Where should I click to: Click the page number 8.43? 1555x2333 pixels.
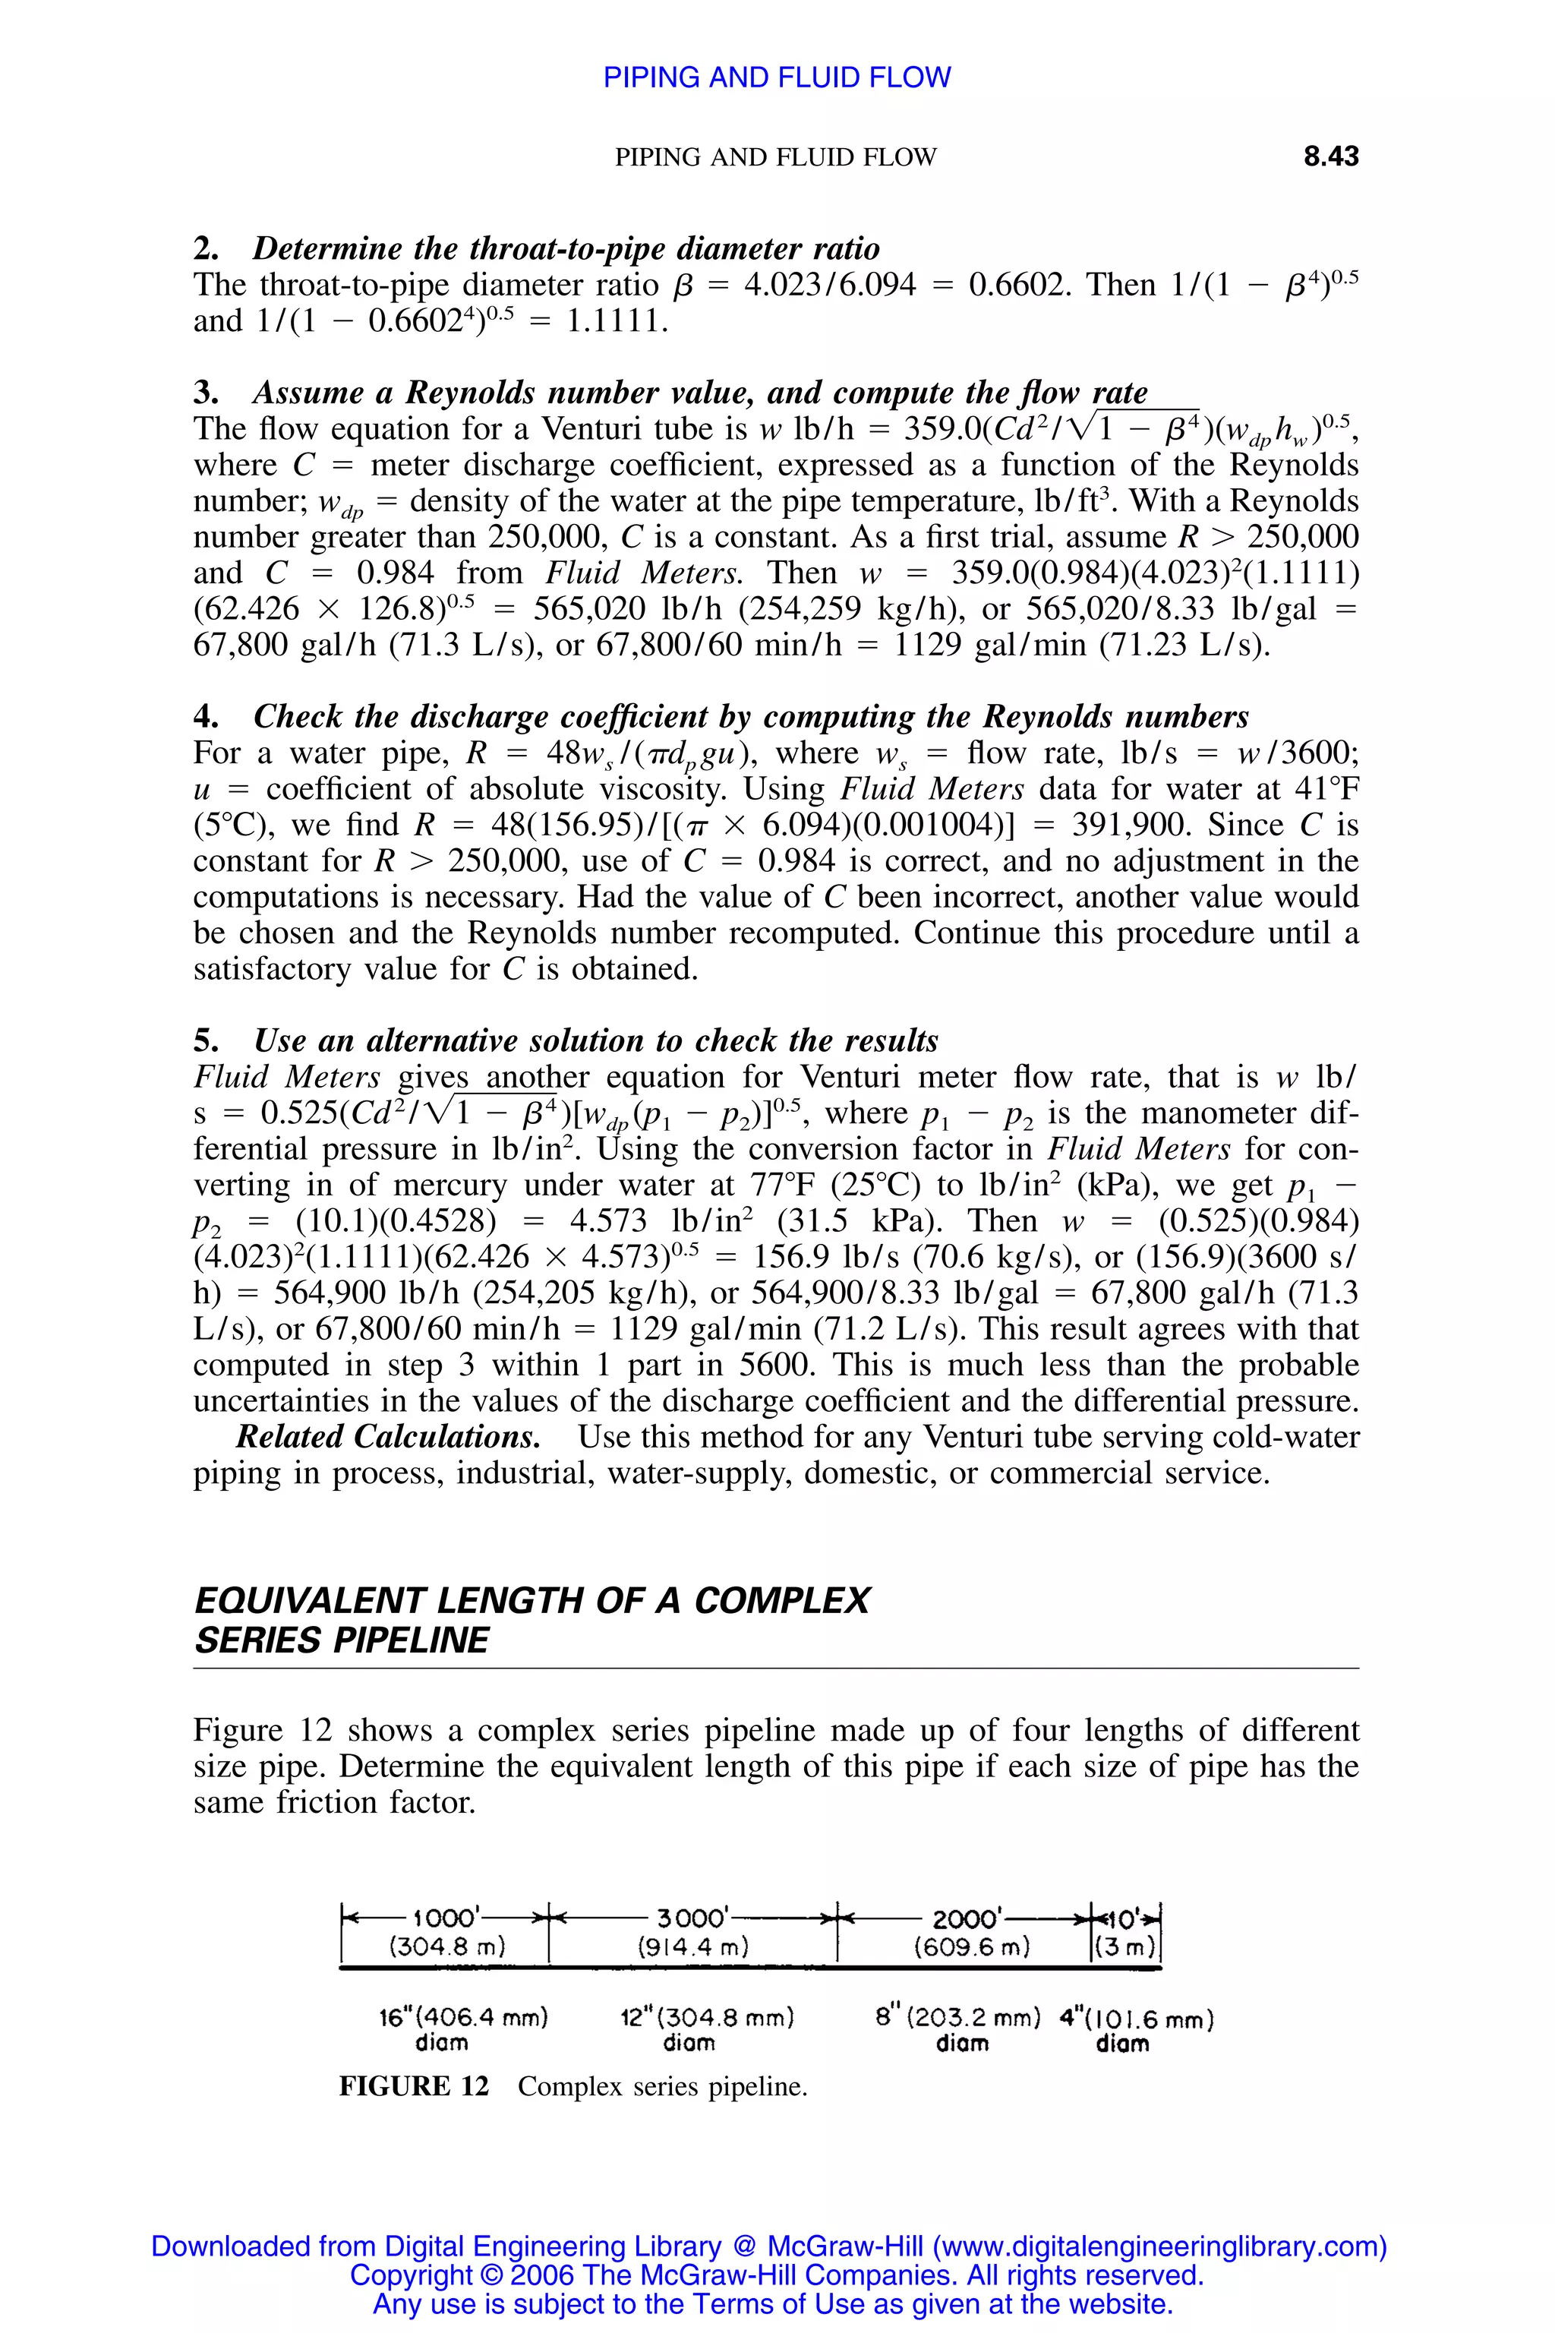[1330, 156]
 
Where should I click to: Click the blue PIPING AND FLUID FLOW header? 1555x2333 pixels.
[777, 77]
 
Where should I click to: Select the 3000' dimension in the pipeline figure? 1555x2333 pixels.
[694, 1918]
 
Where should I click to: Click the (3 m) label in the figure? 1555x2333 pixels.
[1125, 1947]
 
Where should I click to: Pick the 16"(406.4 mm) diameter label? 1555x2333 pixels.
[463, 2018]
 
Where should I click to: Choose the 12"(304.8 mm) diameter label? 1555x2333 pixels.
[707, 2018]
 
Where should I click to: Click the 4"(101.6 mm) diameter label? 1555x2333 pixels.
[1137, 2019]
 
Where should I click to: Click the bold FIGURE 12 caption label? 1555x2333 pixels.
[414, 2086]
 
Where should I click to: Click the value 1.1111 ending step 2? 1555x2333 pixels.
[615, 320]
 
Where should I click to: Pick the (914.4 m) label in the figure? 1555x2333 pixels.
[693, 1947]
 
